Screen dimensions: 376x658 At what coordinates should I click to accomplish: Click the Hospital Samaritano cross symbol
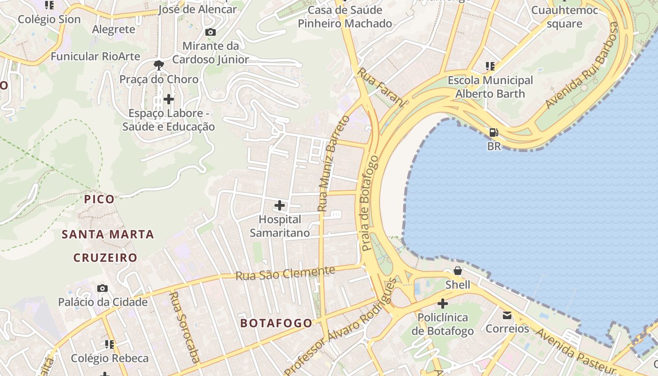tap(280, 205)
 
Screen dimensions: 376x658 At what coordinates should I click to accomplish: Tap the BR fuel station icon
tap(493, 133)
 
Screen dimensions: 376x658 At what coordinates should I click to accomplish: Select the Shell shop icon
tap(457, 271)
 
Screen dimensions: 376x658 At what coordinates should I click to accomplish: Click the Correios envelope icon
tap(507, 315)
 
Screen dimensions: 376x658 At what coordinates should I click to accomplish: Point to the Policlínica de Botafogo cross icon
tap(442, 304)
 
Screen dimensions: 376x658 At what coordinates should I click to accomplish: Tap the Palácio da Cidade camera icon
tap(102, 288)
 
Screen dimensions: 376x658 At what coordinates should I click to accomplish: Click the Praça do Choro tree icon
tap(159, 65)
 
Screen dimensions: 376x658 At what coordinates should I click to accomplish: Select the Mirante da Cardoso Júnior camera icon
tap(211, 32)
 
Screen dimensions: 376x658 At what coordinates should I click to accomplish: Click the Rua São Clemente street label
tap(285, 273)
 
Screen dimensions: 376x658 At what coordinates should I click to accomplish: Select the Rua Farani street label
tap(381, 87)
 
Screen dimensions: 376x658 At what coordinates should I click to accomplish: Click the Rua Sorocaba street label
tap(184, 327)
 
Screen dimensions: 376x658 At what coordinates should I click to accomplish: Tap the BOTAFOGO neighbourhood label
tap(276, 323)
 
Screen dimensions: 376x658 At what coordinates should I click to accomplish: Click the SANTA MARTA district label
tap(108, 234)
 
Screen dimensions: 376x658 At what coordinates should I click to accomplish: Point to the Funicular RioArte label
tap(95, 56)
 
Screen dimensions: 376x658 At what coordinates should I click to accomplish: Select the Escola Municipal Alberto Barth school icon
tap(490, 66)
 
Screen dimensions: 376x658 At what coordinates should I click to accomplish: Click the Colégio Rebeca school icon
tap(110, 345)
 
